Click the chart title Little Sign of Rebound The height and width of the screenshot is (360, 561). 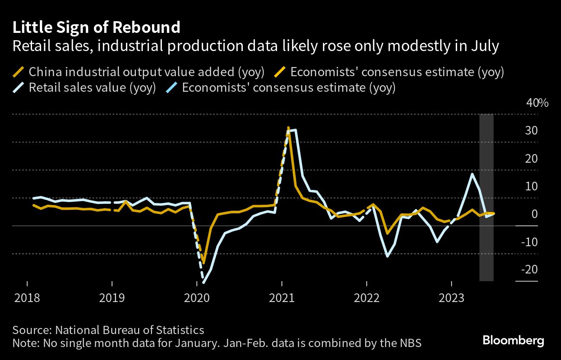[96, 28]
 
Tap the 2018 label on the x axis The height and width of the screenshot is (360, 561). [27, 298]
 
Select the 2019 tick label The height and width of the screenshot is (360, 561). [112, 298]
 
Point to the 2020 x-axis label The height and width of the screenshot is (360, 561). [197, 298]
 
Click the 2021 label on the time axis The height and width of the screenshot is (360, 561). [282, 298]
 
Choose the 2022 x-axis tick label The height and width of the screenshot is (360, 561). [367, 298]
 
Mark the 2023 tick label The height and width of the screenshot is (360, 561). [451, 298]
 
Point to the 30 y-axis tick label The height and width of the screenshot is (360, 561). [532, 131]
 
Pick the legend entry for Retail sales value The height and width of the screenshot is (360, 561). [92, 88]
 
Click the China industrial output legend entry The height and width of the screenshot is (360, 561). [146, 72]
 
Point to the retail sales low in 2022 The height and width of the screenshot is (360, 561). [387, 256]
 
